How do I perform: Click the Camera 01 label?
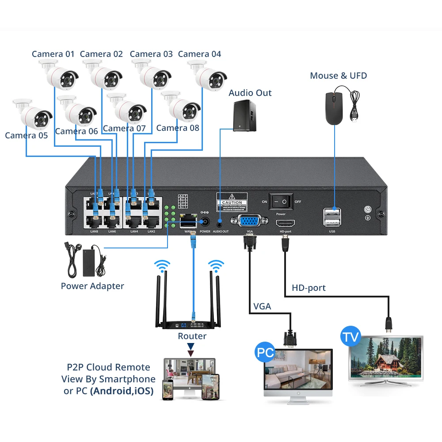[x=53, y=54]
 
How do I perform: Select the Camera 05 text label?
[x=26, y=135]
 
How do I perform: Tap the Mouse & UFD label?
[x=338, y=76]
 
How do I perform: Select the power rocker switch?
[x=281, y=202]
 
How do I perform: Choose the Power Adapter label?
[x=92, y=286]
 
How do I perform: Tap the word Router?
[x=192, y=336]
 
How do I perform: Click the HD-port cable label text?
[x=309, y=288]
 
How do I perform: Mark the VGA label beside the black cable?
[x=262, y=306]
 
